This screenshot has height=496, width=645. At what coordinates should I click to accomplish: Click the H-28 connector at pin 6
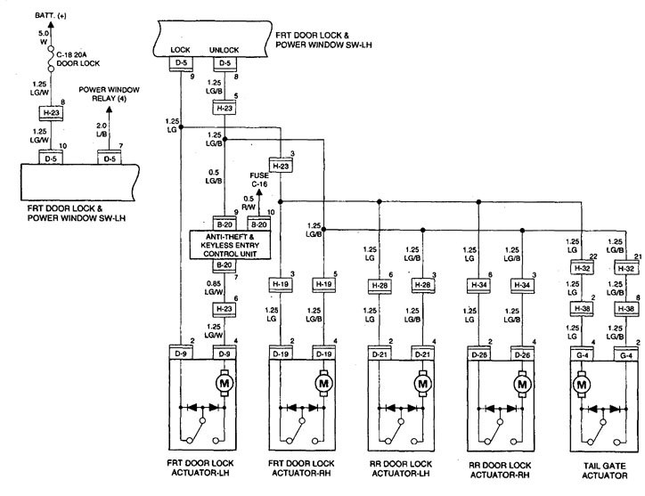coord(380,285)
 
